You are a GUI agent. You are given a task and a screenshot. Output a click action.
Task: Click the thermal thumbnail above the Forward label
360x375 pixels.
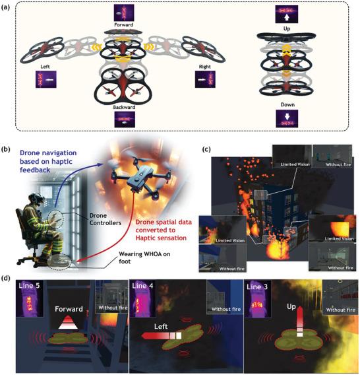click(x=124, y=13)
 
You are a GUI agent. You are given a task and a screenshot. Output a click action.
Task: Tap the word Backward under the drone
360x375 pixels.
click(x=124, y=107)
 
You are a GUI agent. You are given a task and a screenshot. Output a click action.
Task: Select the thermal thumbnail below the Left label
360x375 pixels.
click(x=46, y=79)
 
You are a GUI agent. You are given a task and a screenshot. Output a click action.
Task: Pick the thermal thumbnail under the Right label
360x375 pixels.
click(x=205, y=79)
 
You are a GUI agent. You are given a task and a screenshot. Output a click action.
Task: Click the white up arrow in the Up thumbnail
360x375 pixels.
click(x=287, y=17)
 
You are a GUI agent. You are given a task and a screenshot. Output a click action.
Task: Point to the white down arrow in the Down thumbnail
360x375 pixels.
click(x=287, y=116)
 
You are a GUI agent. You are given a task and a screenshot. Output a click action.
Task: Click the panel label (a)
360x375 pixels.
click(x=5, y=7)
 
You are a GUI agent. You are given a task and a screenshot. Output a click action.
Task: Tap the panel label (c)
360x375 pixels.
click(x=206, y=149)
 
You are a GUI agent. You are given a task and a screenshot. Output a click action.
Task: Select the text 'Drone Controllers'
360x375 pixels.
click(x=105, y=219)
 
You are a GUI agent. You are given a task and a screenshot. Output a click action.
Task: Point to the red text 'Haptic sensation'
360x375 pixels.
click(x=161, y=238)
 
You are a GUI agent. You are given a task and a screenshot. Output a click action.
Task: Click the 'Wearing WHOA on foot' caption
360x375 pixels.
click(x=144, y=257)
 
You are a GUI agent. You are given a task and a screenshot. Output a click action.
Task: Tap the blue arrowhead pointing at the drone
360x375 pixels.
click(x=102, y=164)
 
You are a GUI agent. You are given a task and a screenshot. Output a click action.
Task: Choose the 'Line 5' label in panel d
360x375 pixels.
click(x=29, y=286)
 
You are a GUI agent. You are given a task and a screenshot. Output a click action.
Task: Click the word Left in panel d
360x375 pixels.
click(x=161, y=326)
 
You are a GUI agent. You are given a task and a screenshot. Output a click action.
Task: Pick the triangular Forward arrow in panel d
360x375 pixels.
click(x=68, y=322)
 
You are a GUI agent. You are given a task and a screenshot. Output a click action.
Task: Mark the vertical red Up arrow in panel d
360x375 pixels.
click(x=300, y=322)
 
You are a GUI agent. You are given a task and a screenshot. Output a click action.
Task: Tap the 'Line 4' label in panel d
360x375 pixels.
click(x=142, y=286)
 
